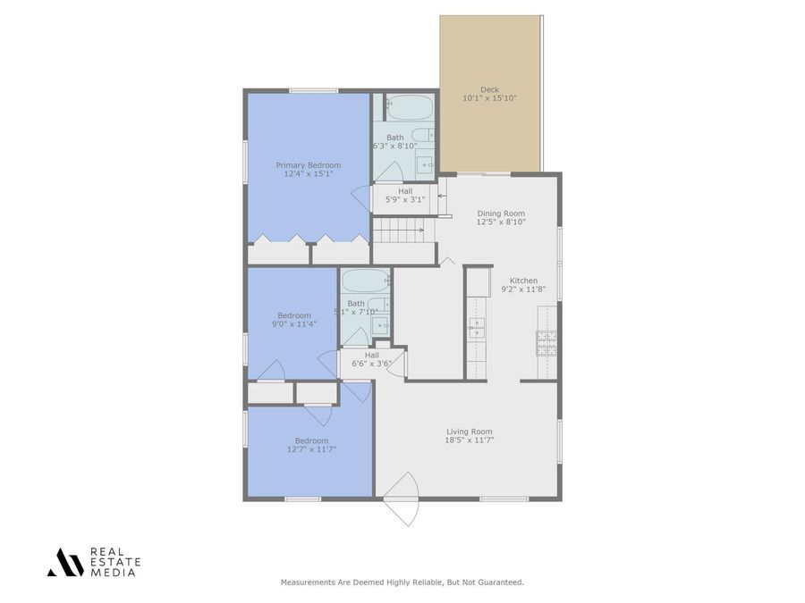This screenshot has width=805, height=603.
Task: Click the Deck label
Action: tap(489, 89)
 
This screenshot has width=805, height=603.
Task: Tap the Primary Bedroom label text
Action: tap(308, 165)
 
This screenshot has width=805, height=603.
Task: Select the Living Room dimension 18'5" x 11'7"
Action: tap(470, 440)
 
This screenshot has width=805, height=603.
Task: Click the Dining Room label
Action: tap(501, 214)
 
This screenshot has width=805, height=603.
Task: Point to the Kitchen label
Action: tap(523, 280)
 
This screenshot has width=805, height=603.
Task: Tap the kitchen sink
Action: tap(477, 328)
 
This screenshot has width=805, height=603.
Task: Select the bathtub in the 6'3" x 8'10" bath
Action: tap(411, 108)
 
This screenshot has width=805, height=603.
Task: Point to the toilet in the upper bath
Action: tap(424, 136)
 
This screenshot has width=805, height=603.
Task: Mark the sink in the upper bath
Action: tap(426, 164)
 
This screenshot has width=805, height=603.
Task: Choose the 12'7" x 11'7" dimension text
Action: tap(311, 449)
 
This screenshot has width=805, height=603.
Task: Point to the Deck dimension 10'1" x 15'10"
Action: tap(489, 98)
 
